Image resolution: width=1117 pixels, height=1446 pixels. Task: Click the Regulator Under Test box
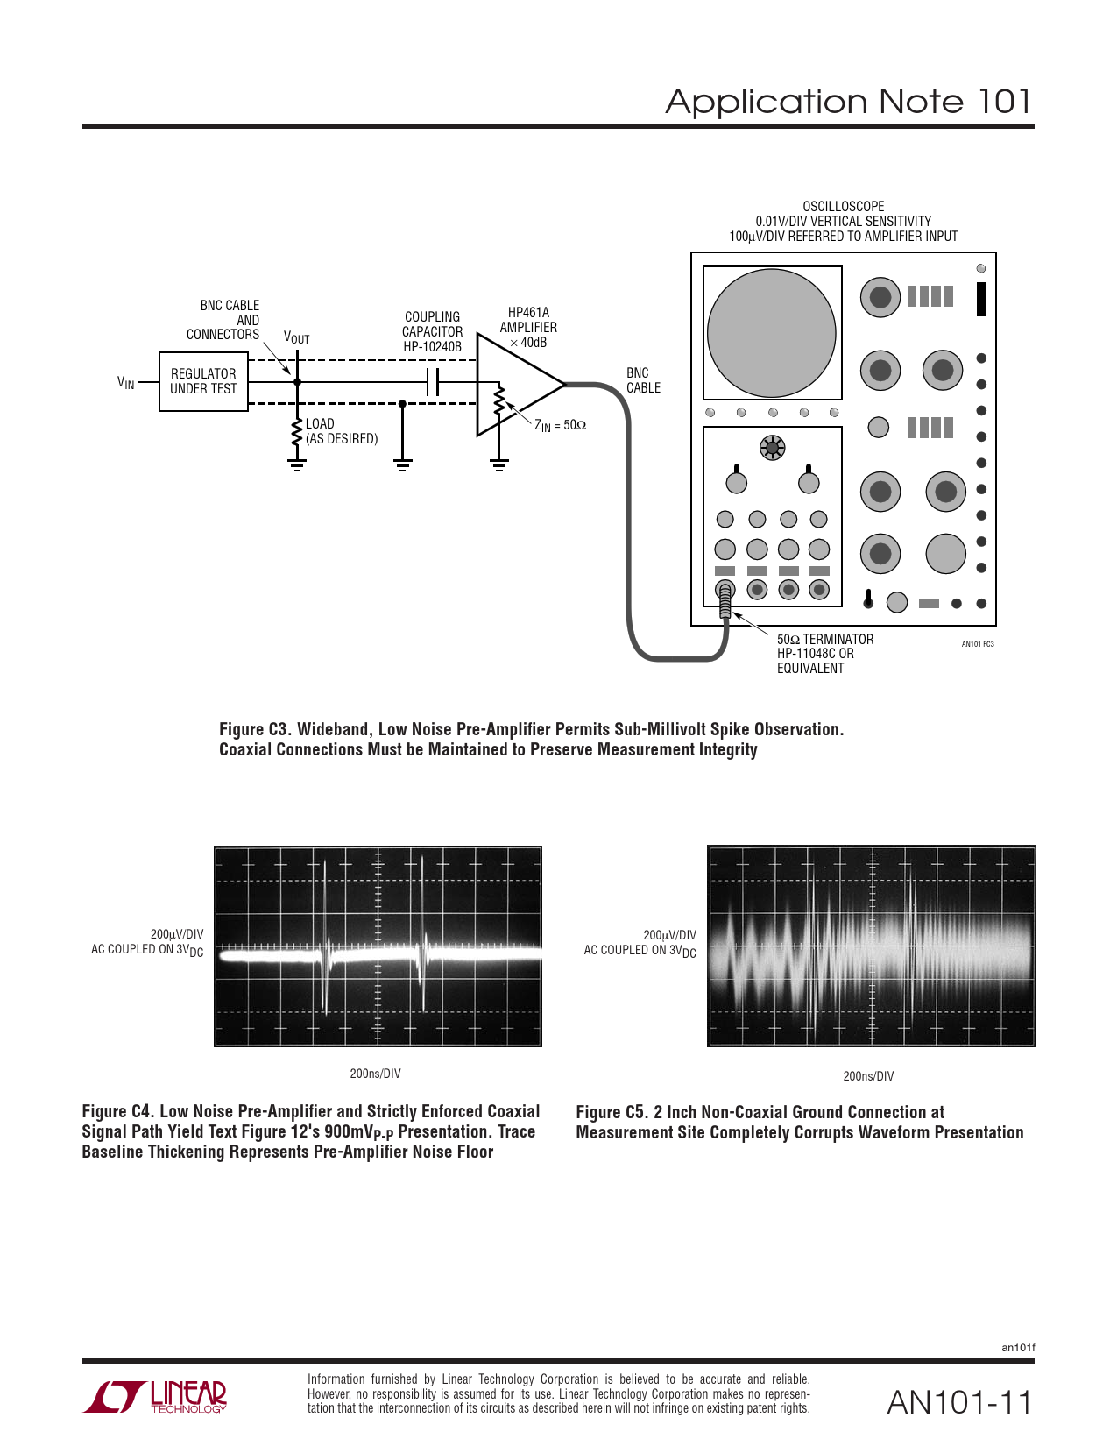tap(203, 381)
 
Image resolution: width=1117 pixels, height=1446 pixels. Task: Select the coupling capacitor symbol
tap(432, 382)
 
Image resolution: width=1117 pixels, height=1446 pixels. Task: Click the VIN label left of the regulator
tap(126, 382)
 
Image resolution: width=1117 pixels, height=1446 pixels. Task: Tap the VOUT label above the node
tap(296, 337)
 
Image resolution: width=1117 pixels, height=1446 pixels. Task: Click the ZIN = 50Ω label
tap(560, 426)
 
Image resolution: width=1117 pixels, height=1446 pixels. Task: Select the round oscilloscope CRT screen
tap(771, 333)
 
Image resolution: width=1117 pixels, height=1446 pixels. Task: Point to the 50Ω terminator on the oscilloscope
tap(725, 602)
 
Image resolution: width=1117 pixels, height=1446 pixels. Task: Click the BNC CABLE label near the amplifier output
tap(643, 380)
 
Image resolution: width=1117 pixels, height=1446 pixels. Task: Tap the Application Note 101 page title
tap(847, 102)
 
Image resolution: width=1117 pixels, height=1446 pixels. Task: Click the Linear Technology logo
tap(156, 1396)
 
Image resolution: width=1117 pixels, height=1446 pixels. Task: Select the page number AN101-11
tap(959, 1402)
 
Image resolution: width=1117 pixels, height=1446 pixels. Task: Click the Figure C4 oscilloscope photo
tap(378, 946)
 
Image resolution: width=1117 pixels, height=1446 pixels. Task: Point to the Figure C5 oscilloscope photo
tap(871, 946)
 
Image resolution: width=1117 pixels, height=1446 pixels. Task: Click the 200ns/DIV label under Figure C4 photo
tap(375, 1074)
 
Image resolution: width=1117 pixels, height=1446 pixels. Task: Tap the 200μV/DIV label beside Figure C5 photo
tap(669, 935)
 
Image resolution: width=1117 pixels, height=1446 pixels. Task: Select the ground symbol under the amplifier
tap(498, 464)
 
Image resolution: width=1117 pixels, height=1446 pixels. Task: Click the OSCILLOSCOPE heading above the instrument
tap(843, 207)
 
